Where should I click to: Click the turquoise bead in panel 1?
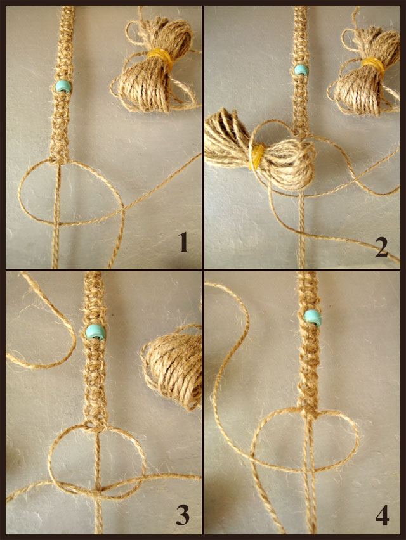pyautogui.click(x=63, y=86)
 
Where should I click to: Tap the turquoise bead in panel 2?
pyautogui.click(x=301, y=70)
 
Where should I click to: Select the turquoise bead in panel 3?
pyautogui.click(x=95, y=332)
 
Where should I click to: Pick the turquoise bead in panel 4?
pyautogui.click(x=313, y=317)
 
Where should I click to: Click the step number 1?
pyautogui.click(x=183, y=243)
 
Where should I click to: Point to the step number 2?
pyautogui.click(x=381, y=247)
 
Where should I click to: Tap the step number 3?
pyautogui.click(x=183, y=515)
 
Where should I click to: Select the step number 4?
pyautogui.click(x=383, y=515)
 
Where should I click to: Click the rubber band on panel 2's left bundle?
pyautogui.click(x=257, y=157)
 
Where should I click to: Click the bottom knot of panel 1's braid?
pyautogui.click(x=59, y=158)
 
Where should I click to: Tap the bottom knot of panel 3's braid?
pyautogui.click(x=95, y=423)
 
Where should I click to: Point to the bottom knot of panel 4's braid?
pyautogui.click(x=308, y=411)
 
